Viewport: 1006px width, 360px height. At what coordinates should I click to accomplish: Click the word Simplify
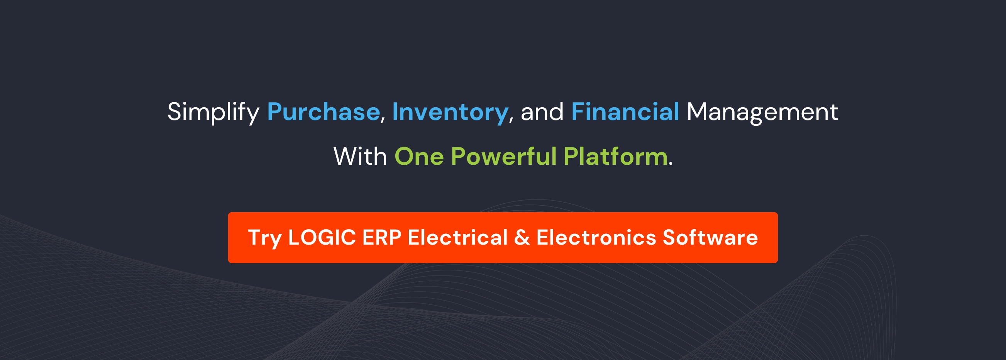(x=213, y=112)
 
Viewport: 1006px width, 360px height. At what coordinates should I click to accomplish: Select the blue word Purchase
(x=323, y=112)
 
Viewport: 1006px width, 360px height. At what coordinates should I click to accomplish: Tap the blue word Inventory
(x=450, y=112)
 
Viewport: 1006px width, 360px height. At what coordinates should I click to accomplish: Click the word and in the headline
(x=542, y=112)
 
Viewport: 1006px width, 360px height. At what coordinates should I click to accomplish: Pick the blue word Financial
(x=625, y=112)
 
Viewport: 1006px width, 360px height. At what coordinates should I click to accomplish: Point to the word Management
(x=762, y=112)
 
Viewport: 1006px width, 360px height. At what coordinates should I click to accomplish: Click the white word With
(x=360, y=157)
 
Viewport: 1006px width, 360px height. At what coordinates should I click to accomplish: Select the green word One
(x=419, y=157)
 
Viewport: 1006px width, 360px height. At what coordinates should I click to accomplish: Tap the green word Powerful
(x=503, y=157)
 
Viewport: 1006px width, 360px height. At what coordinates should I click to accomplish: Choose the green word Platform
(x=615, y=157)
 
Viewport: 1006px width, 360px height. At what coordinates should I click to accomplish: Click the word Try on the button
(x=264, y=238)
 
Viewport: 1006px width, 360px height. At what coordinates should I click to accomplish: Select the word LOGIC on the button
(x=322, y=237)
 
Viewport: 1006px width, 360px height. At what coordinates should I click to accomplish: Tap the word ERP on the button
(x=381, y=237)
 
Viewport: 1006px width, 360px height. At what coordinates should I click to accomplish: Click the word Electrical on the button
(x=457, y=237)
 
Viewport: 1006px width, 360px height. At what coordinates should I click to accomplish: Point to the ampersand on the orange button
(x=522, y=237)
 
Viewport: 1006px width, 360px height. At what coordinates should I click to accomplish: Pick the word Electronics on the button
(x=596, y=237)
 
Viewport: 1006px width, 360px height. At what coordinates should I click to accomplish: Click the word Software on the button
(x=710, y=237)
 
